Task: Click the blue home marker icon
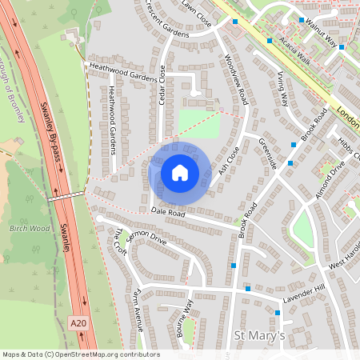[x=180, y=173]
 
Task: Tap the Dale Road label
[x=168, y=214]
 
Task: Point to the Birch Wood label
[x=30, y=229]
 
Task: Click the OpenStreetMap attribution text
[x=81, y=354]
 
